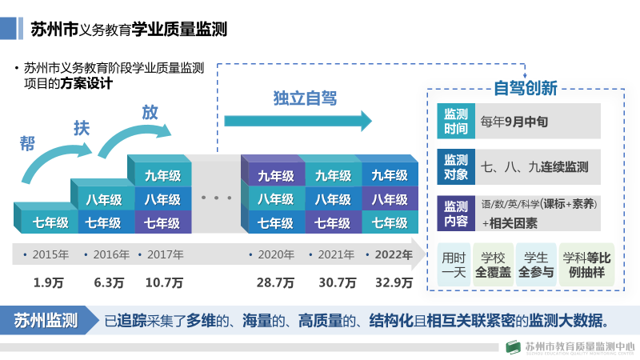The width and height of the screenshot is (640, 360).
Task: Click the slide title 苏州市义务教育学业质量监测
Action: click(129, 30)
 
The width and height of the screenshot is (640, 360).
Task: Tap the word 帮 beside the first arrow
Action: click(27, 144)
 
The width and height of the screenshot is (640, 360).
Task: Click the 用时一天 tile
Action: click(454, 265)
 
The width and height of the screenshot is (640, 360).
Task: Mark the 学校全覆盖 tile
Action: click(494, 265)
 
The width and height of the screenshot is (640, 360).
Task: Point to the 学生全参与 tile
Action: click(536, 265)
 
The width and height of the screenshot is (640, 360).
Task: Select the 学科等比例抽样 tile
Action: click(586, 265)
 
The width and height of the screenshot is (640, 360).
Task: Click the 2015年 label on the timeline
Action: click(50, 255)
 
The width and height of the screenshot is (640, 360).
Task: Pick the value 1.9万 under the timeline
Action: click(47, 282)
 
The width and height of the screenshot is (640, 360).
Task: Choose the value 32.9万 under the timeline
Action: click(394, 282)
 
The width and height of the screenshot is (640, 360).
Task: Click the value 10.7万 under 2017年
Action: click(164, 282)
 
